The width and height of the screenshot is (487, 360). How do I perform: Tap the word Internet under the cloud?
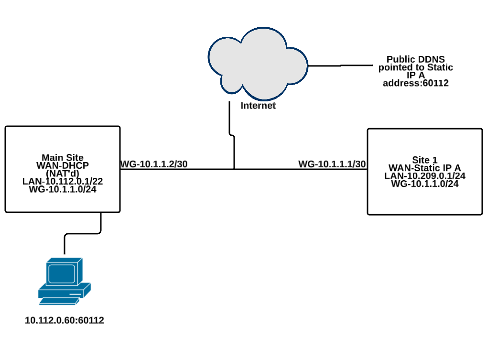pyautogui.click(x=258, y=106)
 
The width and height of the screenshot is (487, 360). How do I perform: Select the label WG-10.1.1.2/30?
pyautogui.click(x=154, y=164)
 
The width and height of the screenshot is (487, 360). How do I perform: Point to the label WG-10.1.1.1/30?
pyautogui.click(x=332, y=164)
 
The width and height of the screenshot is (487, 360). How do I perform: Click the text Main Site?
pyautogui.click(x=62, y=158)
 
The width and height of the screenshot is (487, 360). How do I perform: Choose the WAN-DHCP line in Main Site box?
pyautogui.click(x=62, y=165)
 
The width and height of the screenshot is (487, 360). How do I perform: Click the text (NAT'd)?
pyautogui.click(x=62, y=173)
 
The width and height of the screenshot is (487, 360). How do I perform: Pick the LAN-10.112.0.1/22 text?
pyautogui.click(x=62, y=181)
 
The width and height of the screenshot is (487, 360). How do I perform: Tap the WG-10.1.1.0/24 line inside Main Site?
pyautogui.click(x=62, y=189)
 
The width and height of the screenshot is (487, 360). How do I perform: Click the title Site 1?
pyautogui.click(x=424, y=160)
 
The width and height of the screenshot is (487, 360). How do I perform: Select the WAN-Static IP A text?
pyautogui.click(x=424, y=168)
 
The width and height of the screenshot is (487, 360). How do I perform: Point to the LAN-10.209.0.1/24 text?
pyautogui.click(x=424, y=175)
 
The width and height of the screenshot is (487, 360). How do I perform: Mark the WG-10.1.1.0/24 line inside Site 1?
pyautogui.click(x=424, y=184)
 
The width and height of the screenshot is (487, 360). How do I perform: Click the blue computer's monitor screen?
pyautogui.click(x=60, y=273)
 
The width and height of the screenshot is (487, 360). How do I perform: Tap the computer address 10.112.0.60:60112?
pyautogui.click(x=65, y=320)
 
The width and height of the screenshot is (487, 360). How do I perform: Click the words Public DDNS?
pyautogui.click(x=415, y=59)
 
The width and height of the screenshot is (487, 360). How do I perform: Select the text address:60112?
pyautogui.click(x=415, y=83)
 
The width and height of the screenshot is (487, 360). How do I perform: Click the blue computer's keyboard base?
pyautogui.click(x=64, y=292)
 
